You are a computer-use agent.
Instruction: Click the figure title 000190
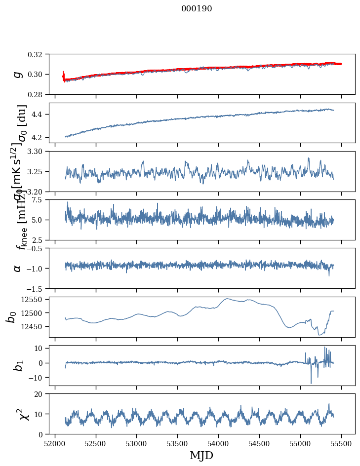click(x=197, y=8)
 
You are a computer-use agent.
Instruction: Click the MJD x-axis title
click(x=201, y=455)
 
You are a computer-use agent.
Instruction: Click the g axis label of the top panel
click(x=18, y=74)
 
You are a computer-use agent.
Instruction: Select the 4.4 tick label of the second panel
click(x=39, y=115)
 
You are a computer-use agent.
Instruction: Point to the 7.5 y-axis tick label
click(x=39, y=199)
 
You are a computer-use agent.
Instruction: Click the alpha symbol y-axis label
click(x=18, y=268)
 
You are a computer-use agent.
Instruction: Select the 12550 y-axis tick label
click(x=34, y=299)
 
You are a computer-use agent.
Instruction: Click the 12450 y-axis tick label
click(x=34, y=326)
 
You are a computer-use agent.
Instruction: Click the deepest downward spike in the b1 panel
click(x=311, y=383)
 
